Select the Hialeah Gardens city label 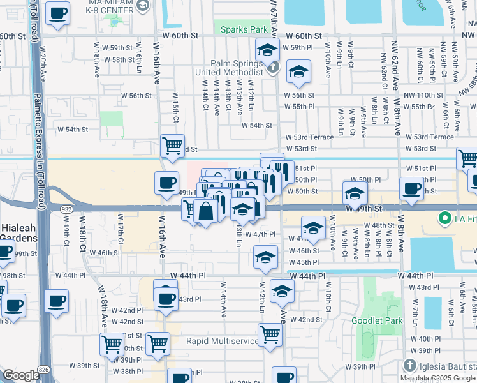coord(18,233)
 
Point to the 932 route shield coord(66,209)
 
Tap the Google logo coord(21,375)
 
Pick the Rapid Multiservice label coord(223,342)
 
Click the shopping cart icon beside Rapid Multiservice coord(270,333)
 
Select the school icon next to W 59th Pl coord(267,49)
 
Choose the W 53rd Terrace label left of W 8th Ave coord(309,137)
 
